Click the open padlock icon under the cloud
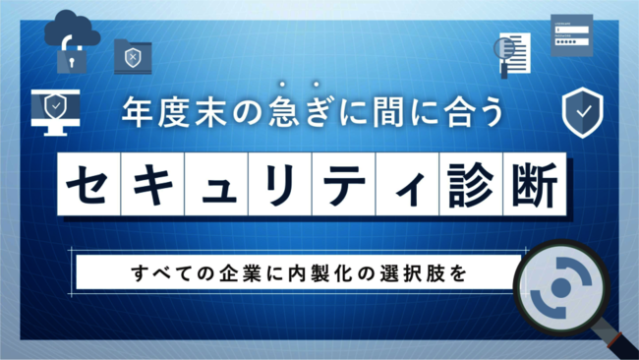tap(68, 56)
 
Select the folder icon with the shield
tap(133, 56)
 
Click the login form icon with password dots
tap(571, 35)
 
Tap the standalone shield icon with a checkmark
tap(582, 114)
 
